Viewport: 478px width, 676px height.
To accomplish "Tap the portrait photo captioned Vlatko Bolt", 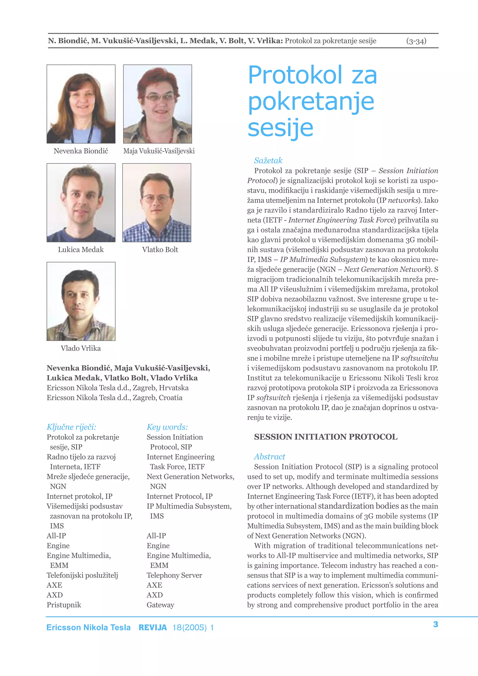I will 157,203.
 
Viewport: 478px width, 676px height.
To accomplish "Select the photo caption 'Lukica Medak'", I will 81,250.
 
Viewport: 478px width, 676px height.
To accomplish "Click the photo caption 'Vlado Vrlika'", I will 81,348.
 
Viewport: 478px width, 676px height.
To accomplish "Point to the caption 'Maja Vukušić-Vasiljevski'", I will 159,151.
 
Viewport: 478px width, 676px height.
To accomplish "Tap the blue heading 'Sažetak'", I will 268,161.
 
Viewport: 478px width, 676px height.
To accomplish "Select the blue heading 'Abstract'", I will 270,457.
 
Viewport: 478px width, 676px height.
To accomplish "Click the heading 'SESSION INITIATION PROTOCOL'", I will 325,437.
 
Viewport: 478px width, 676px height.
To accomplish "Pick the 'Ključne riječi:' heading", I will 71,427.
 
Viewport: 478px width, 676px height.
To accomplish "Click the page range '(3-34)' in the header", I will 416,41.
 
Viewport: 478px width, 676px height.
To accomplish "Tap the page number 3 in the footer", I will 436,624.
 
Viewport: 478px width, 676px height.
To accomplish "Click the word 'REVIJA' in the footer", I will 153,628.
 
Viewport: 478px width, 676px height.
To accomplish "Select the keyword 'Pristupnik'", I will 64,605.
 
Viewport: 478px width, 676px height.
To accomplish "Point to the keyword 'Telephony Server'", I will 174,575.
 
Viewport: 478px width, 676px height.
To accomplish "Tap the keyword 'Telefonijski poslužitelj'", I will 82,575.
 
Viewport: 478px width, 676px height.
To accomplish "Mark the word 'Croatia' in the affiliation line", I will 171,398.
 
